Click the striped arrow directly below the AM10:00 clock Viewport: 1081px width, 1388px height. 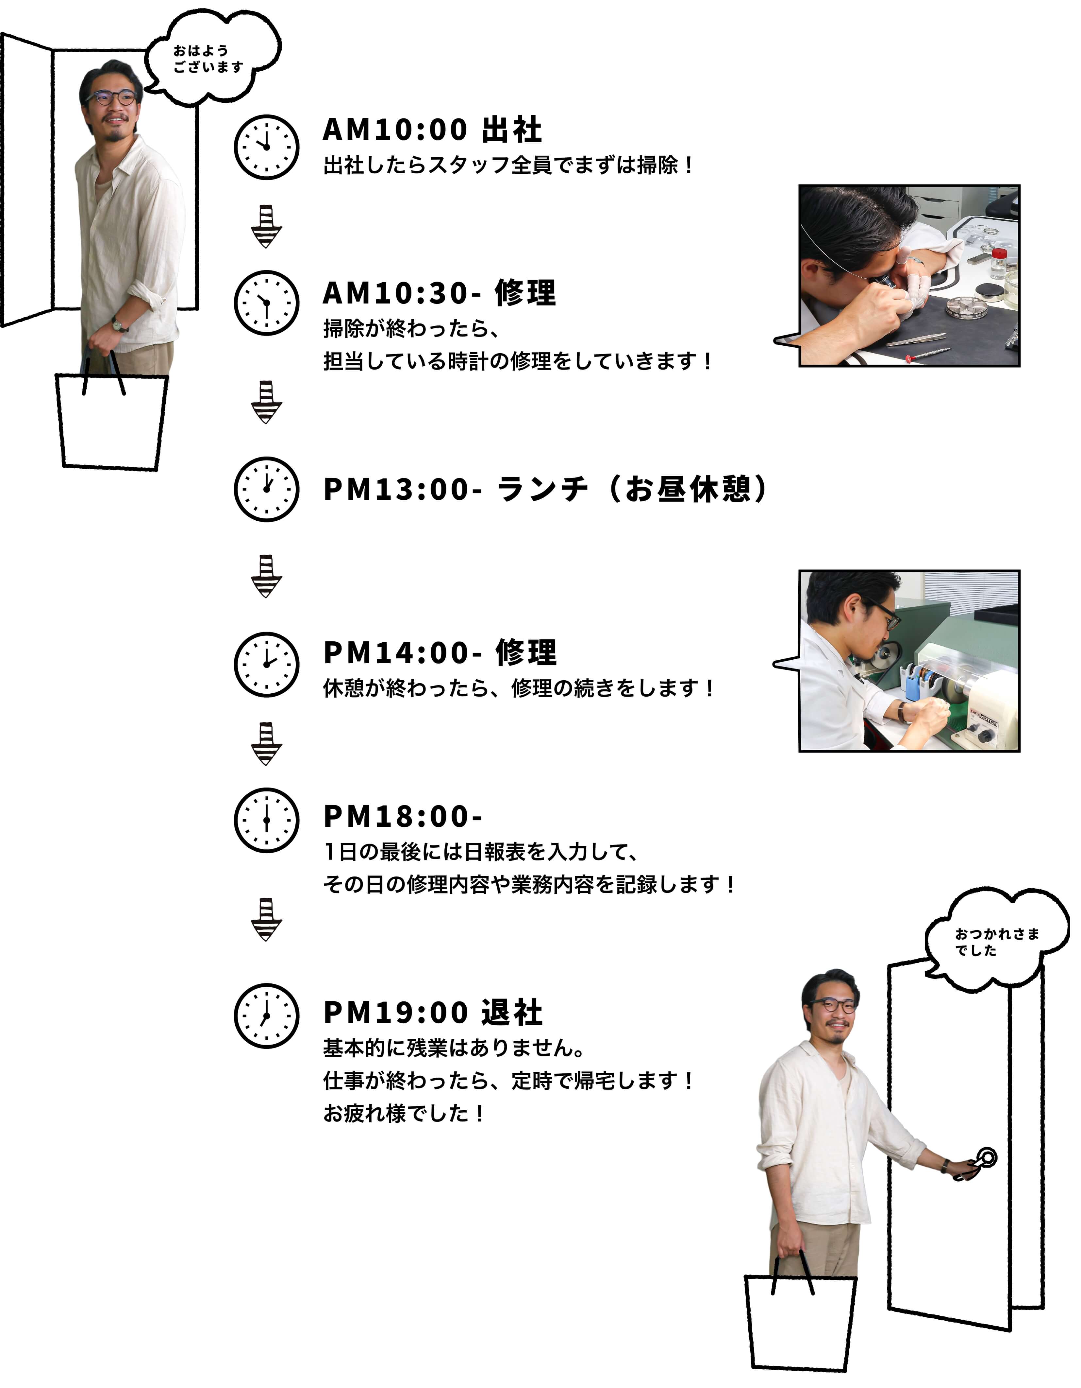pyautogui.click(x=266, y=226)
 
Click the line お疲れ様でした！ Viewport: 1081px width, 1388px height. pyautogui.click(x=404, y=1114)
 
